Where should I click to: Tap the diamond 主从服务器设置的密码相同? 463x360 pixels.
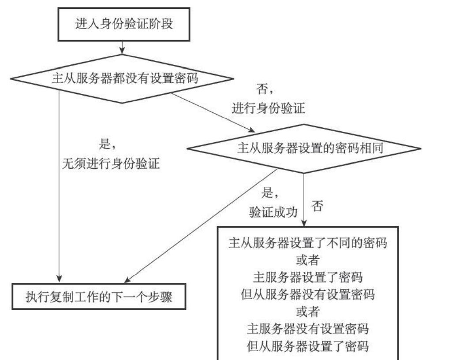click(x=304, y=148)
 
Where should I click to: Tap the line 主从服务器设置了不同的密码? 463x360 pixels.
click(x=308, y=243)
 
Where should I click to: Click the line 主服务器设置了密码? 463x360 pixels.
click(x=308, y=278)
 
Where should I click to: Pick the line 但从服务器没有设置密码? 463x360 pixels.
click(x=308, y=294)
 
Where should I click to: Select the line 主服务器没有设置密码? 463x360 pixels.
click(x=308, y=329)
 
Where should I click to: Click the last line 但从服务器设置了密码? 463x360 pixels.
click(x=308, y=346)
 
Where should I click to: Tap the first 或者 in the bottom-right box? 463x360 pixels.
click(x=308, y=260)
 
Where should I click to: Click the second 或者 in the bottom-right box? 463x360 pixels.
click(x=308, y=312)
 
